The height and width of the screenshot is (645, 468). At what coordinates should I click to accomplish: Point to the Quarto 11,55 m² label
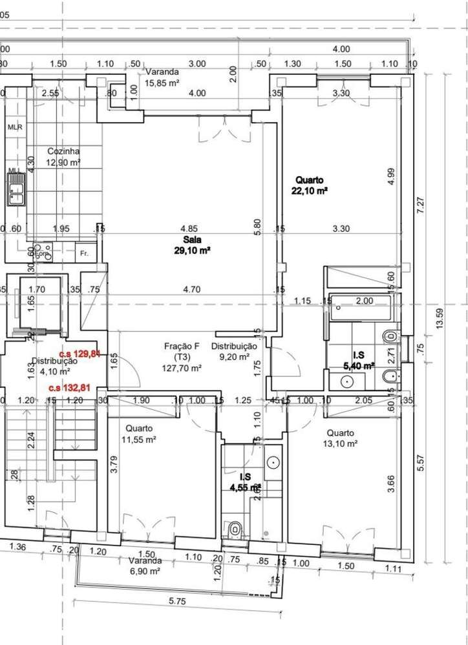pos(139,434)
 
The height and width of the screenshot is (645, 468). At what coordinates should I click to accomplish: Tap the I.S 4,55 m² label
pos(245,482)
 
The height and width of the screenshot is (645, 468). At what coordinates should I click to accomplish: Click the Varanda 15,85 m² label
pos(162,77)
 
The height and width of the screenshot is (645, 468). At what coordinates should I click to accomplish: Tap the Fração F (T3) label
pos(182,357)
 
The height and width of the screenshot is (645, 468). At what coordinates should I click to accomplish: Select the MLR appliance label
pos(15,127)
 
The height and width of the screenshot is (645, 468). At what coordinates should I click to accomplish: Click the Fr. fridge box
pos(84,254)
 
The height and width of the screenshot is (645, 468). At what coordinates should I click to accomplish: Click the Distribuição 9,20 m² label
pos(234,351)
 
